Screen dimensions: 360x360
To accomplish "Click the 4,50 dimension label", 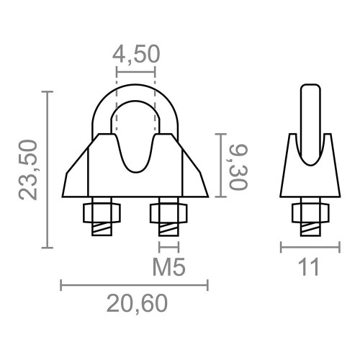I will point(135,55).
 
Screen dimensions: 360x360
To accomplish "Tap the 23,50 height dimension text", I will point(29,170).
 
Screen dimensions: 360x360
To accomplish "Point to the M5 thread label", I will point(169,267).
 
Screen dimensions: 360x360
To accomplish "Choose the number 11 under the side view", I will point(310,267).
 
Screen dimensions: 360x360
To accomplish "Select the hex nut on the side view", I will point(309,213).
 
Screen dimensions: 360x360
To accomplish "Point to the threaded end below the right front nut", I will point(168,229).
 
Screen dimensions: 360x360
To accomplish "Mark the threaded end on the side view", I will point(309,228).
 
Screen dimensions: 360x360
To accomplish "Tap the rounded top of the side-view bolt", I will point(310,90).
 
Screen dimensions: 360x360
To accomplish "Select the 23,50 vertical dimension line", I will point(48,170).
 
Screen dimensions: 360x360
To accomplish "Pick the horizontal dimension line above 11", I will point(310,247).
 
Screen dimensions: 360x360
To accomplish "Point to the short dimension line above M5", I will point(168,247).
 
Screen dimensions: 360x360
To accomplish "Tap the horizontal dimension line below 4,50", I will point(135,71).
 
